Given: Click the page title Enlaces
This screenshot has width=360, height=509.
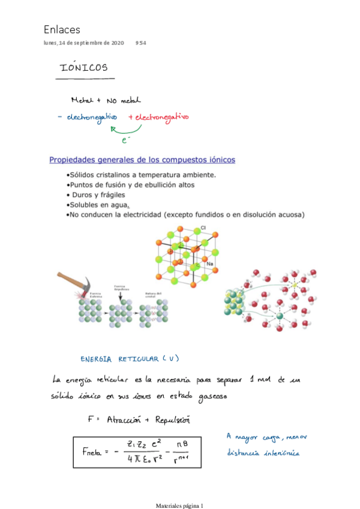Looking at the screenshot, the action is [x=62, y=29].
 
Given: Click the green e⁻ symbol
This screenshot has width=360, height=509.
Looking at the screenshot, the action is [x=125, y=142].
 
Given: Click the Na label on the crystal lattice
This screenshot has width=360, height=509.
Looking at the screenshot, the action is [x=209, y=264].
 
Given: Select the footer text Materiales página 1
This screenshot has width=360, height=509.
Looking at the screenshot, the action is [x=179, y=505].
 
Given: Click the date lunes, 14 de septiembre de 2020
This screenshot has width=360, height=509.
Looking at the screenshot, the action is [x=84, y=43].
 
